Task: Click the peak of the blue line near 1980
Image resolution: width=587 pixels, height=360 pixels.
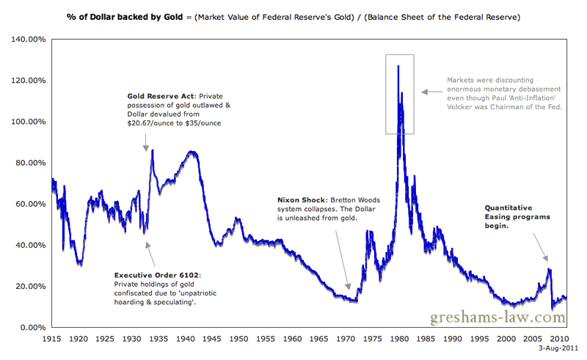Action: click(398, 66)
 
